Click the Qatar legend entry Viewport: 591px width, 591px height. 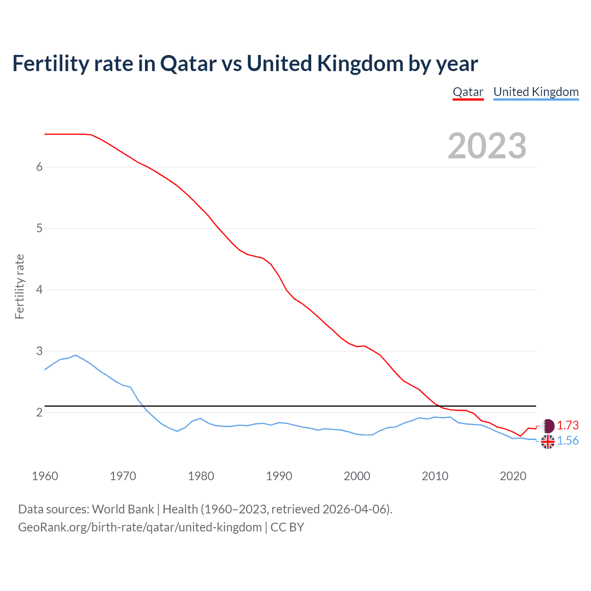point(468,92)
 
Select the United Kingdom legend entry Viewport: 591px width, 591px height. point(536,92)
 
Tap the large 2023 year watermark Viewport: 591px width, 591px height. point(487,146)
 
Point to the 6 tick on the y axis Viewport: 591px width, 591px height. point(39,167)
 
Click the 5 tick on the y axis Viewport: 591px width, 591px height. point(39,228)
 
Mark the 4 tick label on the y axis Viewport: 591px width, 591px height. point(39,289)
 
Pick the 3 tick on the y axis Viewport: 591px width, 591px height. point(39,351)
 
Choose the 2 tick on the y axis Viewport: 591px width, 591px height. point(39,412)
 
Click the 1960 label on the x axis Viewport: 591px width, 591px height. point(45,476)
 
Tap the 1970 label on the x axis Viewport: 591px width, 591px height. point(123,476)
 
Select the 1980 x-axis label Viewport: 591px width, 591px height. point(201,476)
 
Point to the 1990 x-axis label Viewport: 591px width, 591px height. point(279,476)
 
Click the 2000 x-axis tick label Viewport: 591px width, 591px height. point(357,476)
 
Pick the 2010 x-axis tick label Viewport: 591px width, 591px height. point(435,476)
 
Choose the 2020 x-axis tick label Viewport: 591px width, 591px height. point(513,476)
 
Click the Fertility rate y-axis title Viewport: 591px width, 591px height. point(19,286)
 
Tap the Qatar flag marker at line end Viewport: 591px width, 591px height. point(548,426)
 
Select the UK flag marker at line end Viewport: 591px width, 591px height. point(548,442)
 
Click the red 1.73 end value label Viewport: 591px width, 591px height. point(567,425)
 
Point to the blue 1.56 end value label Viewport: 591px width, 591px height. point(567,441)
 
